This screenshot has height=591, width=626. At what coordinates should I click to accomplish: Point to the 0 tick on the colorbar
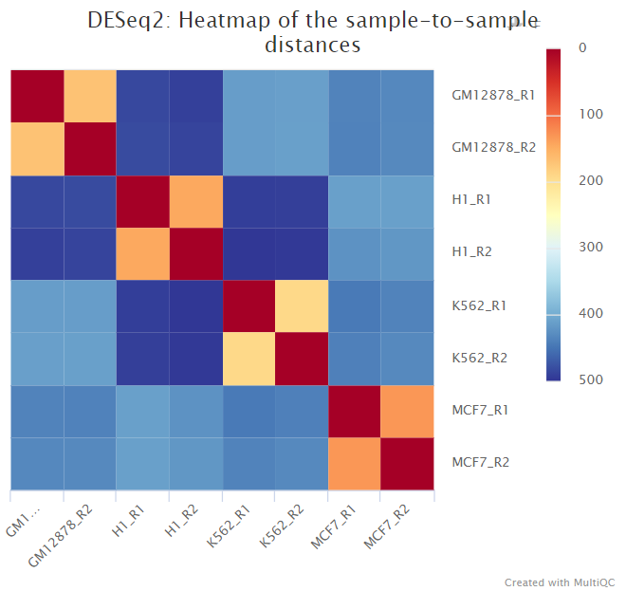coord(581,47)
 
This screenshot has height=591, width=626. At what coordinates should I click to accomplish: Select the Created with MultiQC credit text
coord(560,582)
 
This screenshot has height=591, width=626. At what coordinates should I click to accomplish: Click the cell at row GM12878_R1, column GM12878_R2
coord(89,96)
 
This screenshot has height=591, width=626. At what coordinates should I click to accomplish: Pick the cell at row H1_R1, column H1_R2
coord(195,201)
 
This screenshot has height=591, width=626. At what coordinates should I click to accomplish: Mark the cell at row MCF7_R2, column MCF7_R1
coord(354,464)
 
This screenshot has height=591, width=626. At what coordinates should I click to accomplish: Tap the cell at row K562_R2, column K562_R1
coord(248,359)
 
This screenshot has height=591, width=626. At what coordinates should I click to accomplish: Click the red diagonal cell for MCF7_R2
coord(407,464)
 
